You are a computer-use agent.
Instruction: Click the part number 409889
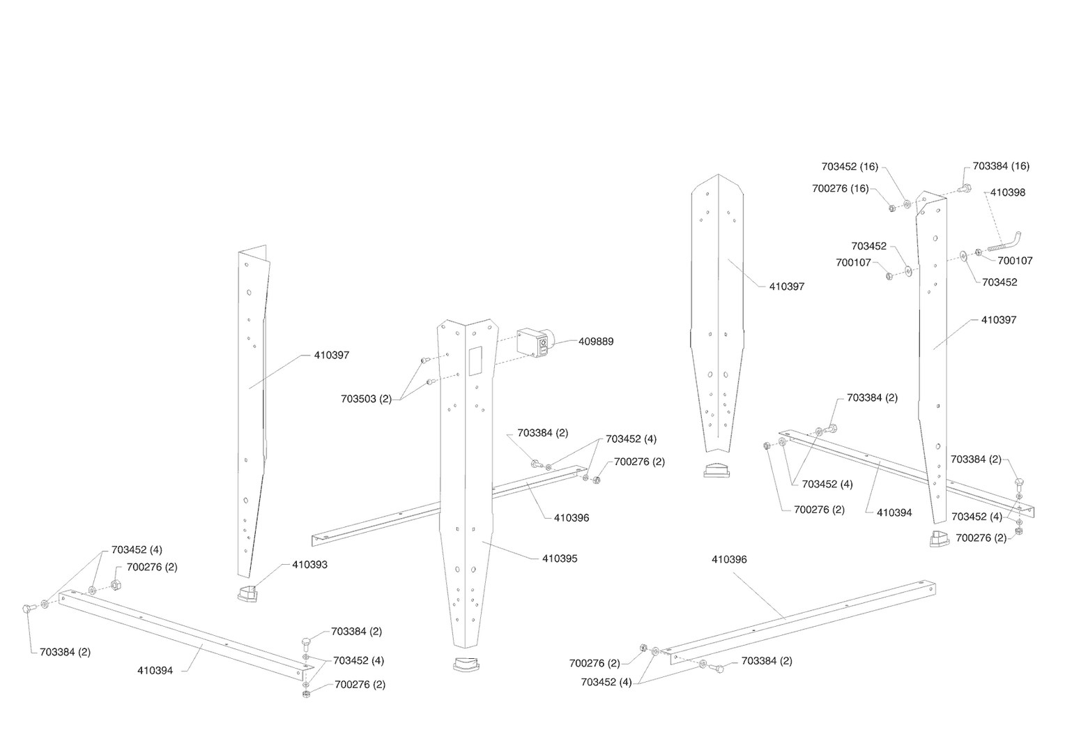click(596, 342)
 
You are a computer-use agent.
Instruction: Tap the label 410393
click(309, 565)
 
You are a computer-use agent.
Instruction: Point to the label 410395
click(560, 558)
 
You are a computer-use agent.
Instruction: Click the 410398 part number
click(1008, 192)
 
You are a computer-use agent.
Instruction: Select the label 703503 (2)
click(366, 399)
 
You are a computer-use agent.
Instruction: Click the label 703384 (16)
click(1001, 166)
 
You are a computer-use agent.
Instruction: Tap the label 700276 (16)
click(841, 188)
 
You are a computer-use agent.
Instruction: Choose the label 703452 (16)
click(850, 167)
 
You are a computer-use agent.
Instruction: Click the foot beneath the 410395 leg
click(466, 664)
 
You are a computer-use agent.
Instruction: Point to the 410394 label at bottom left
click(155, 671)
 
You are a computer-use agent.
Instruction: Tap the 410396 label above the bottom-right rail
click(729, 559)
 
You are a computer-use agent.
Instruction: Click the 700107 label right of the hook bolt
click(1016, 261)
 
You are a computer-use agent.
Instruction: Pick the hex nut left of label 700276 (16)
click(891, 207)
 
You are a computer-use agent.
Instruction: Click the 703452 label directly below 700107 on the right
click(999, 282)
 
